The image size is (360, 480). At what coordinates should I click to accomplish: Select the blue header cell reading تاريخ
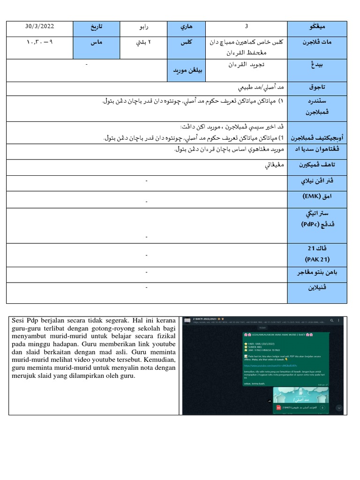pyautogui.click(x=96, y=27)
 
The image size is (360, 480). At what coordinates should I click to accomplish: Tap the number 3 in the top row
pyautogui.click(x=247, y=26)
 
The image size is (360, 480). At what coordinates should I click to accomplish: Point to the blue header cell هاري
pyautogui.click(x=186, y=27)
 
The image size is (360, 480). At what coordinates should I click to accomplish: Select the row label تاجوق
pyautogui.click(x=317, y=87)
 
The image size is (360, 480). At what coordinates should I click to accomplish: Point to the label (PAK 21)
pyautogui.click(x=317, y=259)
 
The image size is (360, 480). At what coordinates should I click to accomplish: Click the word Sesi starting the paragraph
pyautogui.click(x=17, y=321)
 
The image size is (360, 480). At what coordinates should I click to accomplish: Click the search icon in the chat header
pyautogui.click(x=332, y=321)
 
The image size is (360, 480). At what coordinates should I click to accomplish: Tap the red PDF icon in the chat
pyautogui.click(x=278, y=408)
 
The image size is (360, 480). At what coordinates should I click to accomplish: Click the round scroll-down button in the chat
pyautogui.click(x=338, y=408)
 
